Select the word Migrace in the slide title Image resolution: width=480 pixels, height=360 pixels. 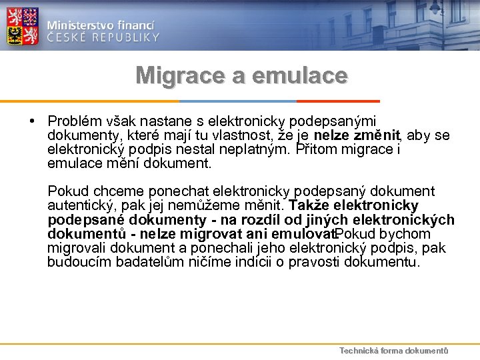(x=180, y=75)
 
